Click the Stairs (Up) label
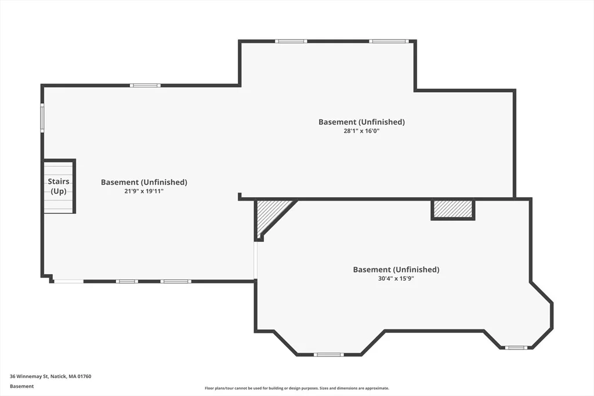pos(59,186)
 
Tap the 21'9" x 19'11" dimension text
pos(144,191)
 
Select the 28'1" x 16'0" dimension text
pos(361,131)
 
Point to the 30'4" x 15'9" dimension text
pos(396,279)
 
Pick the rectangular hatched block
pos(453,209)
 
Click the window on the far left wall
pos(42,118)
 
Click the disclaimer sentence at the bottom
pos(296,388)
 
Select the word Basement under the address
pos(21,386)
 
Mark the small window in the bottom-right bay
pos(516,347)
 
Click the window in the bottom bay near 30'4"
pos(328,355)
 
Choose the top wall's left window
pos(291,41)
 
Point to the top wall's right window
pos(389,41)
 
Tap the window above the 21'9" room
pos(145,86)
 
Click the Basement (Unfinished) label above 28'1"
pos(361,122)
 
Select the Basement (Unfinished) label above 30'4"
pos(396,270)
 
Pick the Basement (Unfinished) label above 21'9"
pos(144,182)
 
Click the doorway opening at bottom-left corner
pos(68,281)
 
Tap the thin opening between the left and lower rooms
pos(256,260)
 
